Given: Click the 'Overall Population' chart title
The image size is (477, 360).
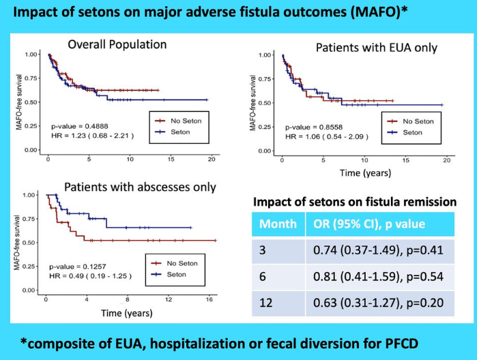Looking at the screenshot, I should coord(117,45).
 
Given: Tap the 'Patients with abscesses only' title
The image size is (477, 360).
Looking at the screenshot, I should coord(140,187).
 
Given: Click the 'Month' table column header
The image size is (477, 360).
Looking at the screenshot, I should coord(278,224).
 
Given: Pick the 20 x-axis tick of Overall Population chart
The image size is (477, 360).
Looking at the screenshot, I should coord(212,158).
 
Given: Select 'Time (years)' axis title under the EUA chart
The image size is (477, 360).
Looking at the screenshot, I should coord(365,173).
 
